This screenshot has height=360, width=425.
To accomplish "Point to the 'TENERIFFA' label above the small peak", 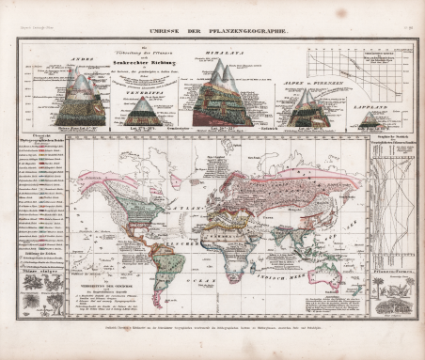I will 145,93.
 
